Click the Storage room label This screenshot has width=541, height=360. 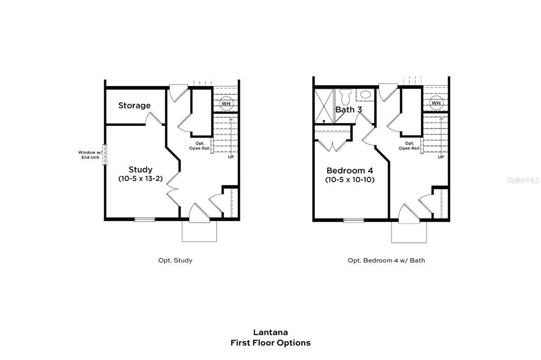pyautogui.click(x=134, y=106)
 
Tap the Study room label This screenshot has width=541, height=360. pyautogui.click(x=141, y=169)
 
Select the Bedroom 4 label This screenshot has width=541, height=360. pyautogui.click(x=349, y=170)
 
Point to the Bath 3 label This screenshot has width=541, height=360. pyautogui.click(x=349, y=110)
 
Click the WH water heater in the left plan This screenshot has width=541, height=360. pyautogui.click(x=226, y=103)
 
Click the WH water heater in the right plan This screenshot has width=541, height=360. pyautogui.click(x=436, y=103)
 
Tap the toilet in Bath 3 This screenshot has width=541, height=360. pyautogui.click(x=346, y=97)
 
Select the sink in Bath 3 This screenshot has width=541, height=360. pyautogui.click(x=366, y=96)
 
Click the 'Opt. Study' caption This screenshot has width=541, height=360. pyautogui.click(x=175, y=260)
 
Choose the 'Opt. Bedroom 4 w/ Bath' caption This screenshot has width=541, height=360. pyautogui.click(x=386, y=260)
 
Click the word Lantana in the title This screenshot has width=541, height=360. pyautogui.click(x=270, y=333)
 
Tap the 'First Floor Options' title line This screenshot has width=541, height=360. pyautogui.click(x=270, y=343)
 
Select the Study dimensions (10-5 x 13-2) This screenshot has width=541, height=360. pyautogui.click(x=141, y=179)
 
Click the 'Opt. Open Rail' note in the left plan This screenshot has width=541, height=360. pyautogui.click(x=200, y=146)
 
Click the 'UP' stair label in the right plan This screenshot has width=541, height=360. pyautogui.click(x=441, y=157)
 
